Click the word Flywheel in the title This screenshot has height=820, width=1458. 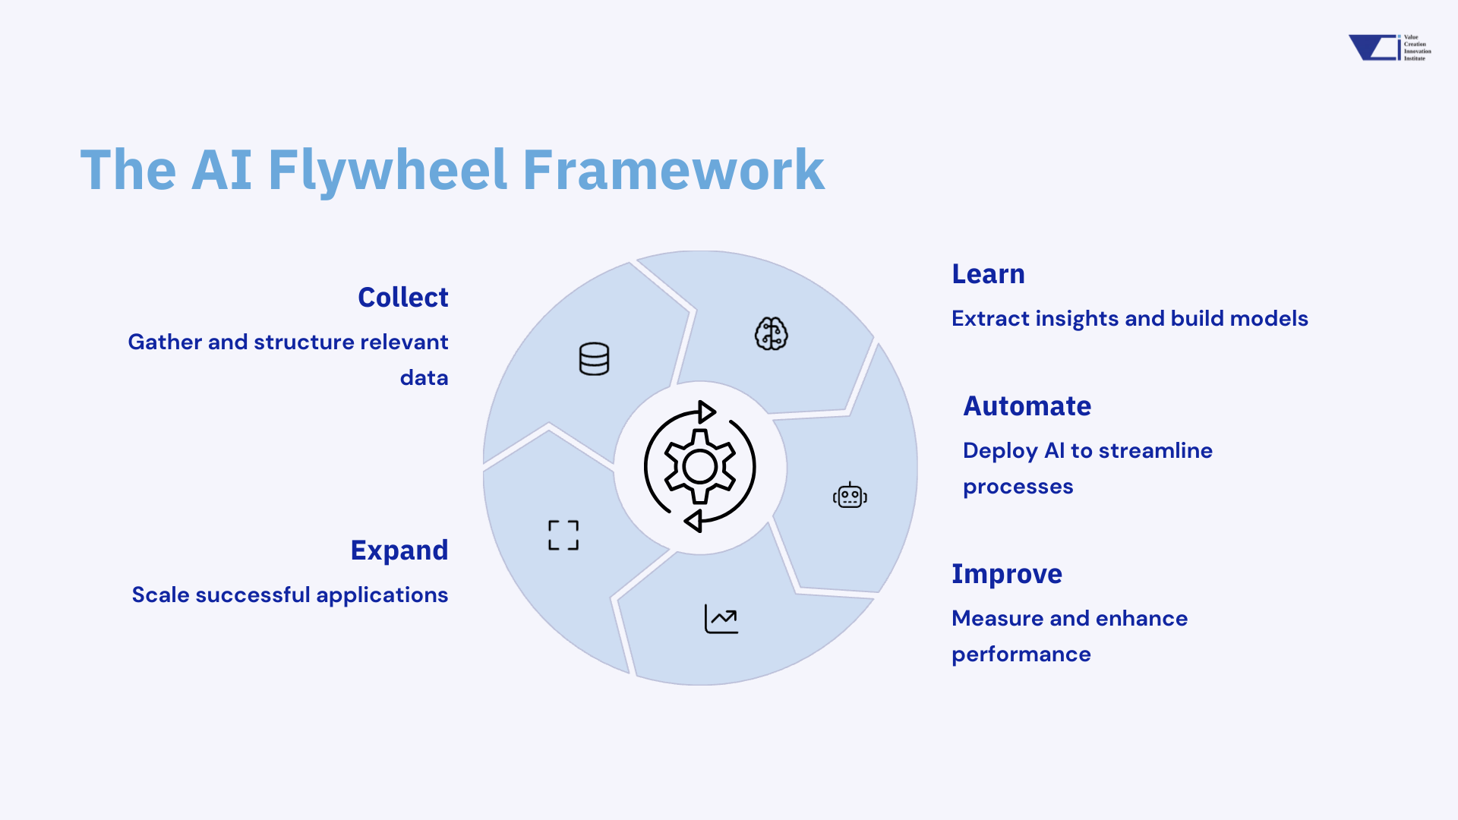point(387,169)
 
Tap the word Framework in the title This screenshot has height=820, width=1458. point(673,169)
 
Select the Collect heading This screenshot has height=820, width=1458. point(402,298)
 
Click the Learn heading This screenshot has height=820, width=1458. point(988,274)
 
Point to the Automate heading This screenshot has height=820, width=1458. point(1027,406)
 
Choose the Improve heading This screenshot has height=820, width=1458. point(1006,574)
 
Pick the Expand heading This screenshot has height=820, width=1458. point(399,550)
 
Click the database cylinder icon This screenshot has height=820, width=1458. point(594,359)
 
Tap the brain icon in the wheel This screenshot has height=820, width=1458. point(771,333)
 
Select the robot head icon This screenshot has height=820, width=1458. point(850,496)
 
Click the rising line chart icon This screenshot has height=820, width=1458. point(721,619)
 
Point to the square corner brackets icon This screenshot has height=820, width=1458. point(563,535)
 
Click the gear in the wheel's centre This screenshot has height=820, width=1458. point(699,467)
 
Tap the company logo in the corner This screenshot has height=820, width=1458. point(1389,47)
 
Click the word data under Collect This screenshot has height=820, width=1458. point(424,378)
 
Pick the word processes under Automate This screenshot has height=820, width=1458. point(1018,487)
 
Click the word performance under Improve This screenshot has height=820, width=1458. point(1021,654)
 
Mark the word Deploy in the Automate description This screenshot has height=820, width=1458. point(999,451)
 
